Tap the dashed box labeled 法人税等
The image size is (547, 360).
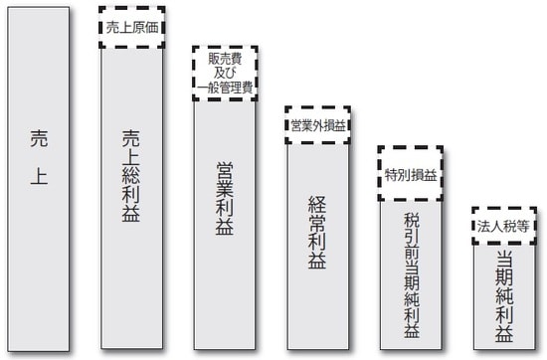503,225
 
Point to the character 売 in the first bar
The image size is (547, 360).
38,141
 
